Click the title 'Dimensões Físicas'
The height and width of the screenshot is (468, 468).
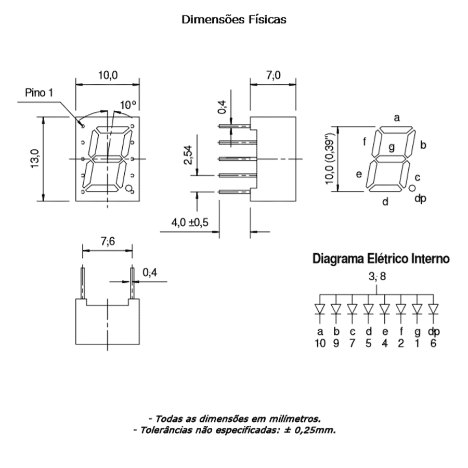tap(233, 20)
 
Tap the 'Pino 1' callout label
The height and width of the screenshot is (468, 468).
tap(39, 93)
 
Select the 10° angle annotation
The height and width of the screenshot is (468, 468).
tap(128, 105)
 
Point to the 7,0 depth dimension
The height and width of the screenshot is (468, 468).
tap(273, 75)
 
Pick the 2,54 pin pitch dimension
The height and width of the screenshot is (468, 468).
tap(188, 155)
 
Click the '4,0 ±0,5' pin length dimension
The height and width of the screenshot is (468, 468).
tap(190, 223)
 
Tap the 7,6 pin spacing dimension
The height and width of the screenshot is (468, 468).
tap(107, 242)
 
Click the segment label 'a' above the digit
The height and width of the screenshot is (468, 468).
tap(397, 118)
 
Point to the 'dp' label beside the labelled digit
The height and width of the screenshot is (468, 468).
tap(421, 198)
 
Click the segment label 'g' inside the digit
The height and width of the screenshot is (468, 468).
tap(391, 147)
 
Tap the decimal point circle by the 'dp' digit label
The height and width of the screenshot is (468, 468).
tap(411, 188)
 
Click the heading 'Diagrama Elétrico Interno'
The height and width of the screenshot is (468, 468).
tap(381, 258)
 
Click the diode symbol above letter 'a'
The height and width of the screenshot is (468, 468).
tap(320, 309)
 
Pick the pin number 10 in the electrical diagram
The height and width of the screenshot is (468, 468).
tap(320, 343)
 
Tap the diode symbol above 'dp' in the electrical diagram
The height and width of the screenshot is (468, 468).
tap(433, 309)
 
